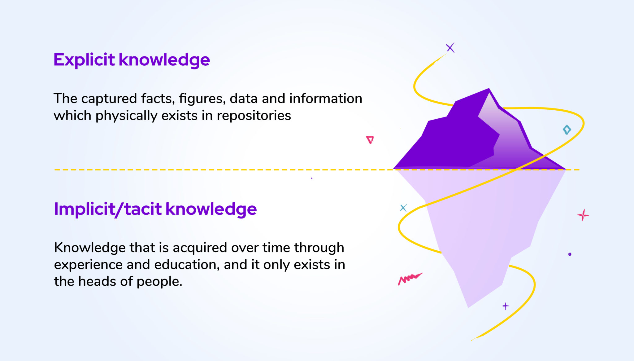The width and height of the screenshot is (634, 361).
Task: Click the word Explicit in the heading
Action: tap(84, 59)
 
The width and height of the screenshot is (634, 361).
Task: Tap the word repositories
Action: tap(254, 116)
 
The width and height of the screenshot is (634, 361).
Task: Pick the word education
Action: tap(187, 265)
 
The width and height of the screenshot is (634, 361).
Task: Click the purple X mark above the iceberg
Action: tap(450, 48)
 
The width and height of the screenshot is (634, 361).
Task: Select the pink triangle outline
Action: tap(370, 140)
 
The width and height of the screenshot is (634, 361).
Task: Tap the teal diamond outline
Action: tap(567, 130)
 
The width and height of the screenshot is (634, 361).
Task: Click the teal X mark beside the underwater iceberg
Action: tap(403, 208)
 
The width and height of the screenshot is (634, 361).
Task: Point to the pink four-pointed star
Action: tap(583, 215)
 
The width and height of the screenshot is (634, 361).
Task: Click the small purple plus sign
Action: tap(506, 306)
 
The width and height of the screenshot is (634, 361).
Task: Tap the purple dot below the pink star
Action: tap(570, 254)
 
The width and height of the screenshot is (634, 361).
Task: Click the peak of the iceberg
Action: tap(489, 90)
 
